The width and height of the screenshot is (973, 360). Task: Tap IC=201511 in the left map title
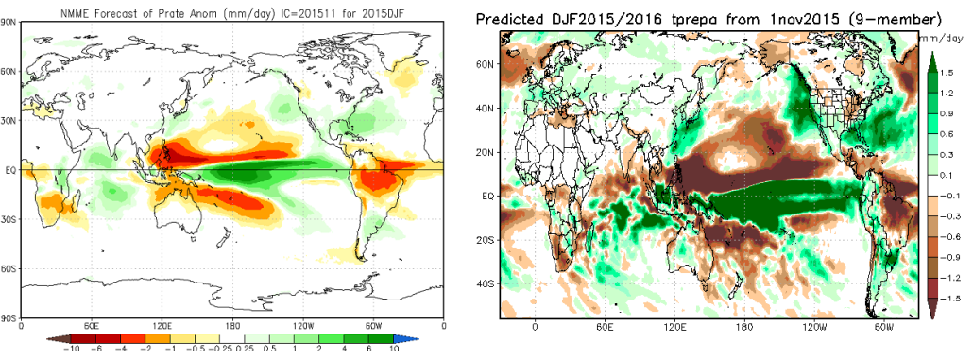coord(310,9)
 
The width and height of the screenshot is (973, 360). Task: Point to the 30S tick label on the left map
coord(11,219)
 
